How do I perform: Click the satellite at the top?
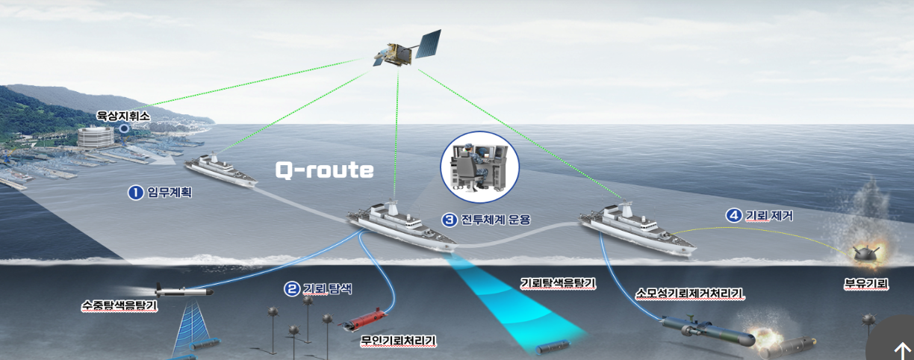408,49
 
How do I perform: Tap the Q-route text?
324,170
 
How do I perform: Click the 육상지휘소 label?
124,117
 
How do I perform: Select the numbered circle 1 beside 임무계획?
135,193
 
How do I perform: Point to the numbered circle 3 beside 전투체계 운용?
449,220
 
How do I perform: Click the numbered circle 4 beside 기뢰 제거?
734,216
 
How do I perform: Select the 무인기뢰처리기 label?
398,341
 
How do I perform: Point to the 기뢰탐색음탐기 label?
558,283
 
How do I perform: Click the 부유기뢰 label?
865,285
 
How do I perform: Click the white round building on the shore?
96,136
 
